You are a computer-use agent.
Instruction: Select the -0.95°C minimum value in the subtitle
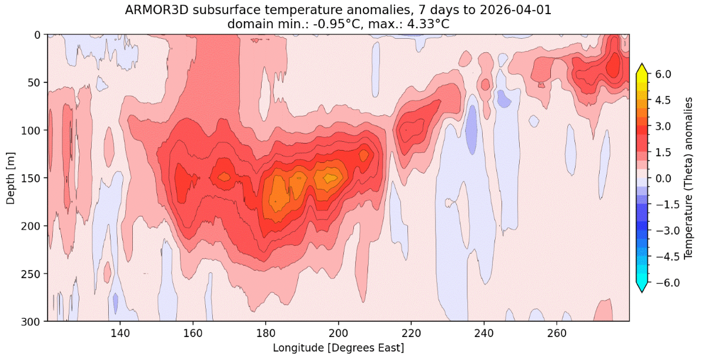(x=340, y=24)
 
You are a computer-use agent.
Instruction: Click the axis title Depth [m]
(x=11, y=178)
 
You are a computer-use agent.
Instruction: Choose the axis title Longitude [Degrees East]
(x=339, y=348)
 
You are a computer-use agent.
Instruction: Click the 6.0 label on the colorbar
(x=664, y=74)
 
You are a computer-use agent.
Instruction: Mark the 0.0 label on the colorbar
(x=664, y=178)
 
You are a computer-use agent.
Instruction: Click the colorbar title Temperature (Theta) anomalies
(x=689, y=178)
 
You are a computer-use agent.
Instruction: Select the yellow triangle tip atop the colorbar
(x=641, y=64)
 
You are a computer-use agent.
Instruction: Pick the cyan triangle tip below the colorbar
(x=641, y=292)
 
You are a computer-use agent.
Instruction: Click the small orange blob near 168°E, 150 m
(x=224, y=177)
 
